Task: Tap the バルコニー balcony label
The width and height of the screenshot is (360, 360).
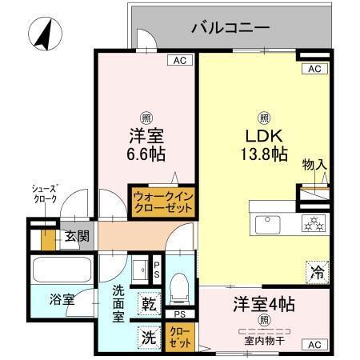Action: pos(230,28)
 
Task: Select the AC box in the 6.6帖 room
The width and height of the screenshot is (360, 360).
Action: pos(181,60)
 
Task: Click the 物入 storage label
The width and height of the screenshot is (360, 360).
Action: pos(314,166)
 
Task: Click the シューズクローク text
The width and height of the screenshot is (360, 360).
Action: pos(45,194)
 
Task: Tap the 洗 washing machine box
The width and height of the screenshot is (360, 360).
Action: pos(150,337)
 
